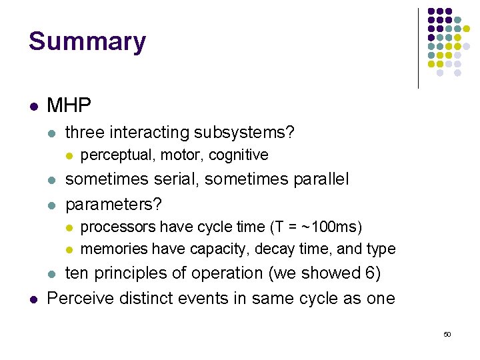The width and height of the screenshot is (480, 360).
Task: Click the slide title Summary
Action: [x=87, y=41]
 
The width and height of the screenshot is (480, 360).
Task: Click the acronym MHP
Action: [x=69, y=105]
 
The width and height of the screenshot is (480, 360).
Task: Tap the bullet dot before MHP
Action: [x=33, y=106]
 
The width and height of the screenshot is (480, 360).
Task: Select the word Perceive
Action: [x=79, y=297]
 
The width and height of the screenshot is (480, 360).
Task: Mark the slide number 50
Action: [x=447, y=334]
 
